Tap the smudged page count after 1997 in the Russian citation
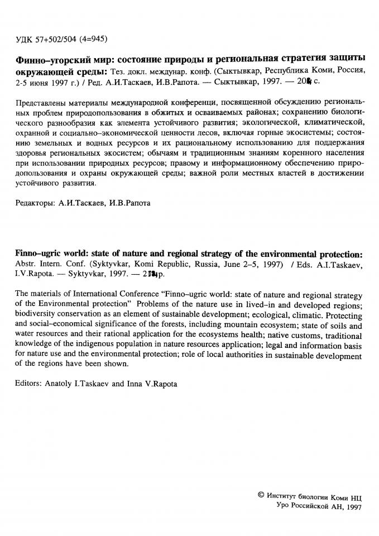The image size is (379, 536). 304,82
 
